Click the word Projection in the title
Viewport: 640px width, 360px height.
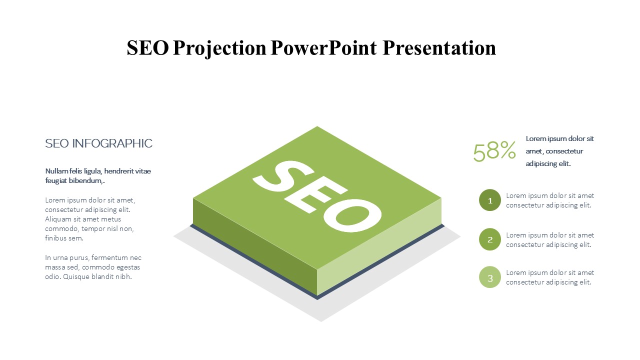click(x=219, y=48)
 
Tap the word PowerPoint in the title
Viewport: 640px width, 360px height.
click(x=323, y=47)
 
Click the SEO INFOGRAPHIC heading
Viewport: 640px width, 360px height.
click(x=98, y=143)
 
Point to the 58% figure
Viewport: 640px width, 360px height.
click(x=494, y=151)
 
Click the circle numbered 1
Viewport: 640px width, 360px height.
click(x=489, y=200)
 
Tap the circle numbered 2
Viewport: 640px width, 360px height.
click(x=489, y=239)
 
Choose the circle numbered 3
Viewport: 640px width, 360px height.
click(x=489, y=277)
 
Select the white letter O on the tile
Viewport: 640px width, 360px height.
click(x=352, y=215)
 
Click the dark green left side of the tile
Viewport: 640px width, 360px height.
click(x=255, y=247)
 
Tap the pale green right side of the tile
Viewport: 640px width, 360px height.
click(x=379, y=247)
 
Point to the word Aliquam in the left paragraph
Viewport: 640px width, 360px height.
click(x=58, y=219)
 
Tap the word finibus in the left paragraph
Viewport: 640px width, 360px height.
click(x=55, y=238)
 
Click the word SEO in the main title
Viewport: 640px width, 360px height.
click(x=147, y=47)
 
